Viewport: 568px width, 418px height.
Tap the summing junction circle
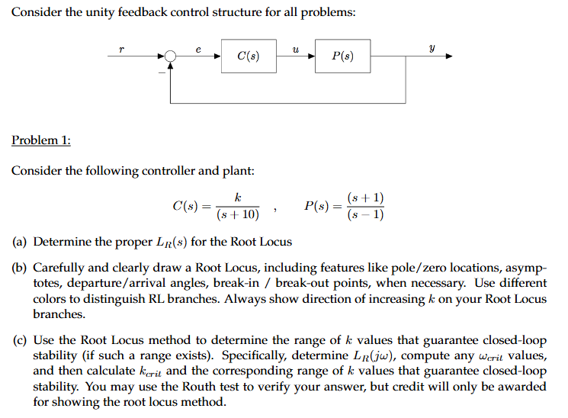(x=170, y=56)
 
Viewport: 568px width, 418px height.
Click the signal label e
(x=198, y=49)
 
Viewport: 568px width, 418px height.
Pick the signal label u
(x=296, y=49)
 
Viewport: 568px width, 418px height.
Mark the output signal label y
(x=432, y=48)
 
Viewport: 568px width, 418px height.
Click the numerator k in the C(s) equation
(x=238, y=198)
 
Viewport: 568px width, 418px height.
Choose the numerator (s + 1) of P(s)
(x=365, y=198)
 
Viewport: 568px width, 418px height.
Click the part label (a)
(x=20, y=242)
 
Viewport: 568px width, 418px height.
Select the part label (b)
(x=20, y=268)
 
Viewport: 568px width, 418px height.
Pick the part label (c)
(x=20, y=340)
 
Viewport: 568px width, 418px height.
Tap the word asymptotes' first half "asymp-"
(x=528, y=268)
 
